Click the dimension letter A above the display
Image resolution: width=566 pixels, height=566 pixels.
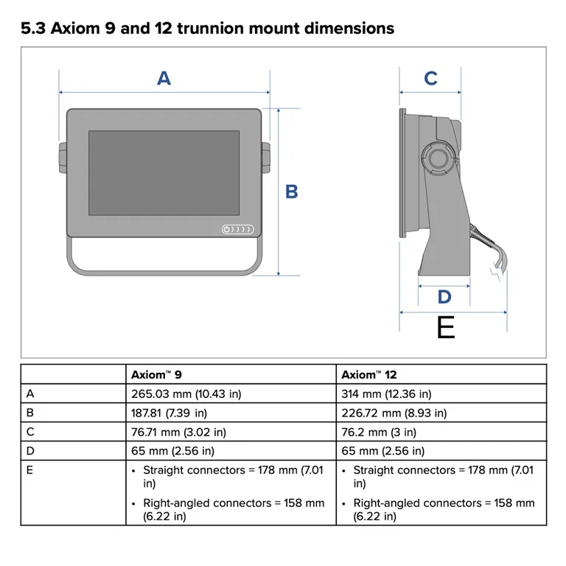(x=164, y=78)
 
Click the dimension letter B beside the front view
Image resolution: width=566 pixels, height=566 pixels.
(x=292, y=192)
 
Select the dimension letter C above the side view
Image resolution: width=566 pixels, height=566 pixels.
(x=430, y=78)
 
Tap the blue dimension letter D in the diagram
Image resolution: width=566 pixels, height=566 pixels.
(x=444, y=297)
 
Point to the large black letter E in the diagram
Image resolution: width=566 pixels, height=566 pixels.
(x=446, y=327)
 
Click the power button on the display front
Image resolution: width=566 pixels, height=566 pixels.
(x=227, y=230)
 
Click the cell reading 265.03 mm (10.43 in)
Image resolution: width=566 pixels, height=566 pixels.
(x=185, y=394)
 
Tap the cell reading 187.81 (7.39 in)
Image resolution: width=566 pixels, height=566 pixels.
(x=169, y=413)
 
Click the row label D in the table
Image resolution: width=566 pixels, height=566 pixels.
(x=29, y=451)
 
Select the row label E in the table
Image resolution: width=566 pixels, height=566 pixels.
(x=29, y=470)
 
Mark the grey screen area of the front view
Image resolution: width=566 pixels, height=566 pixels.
(x=164, y=172)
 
